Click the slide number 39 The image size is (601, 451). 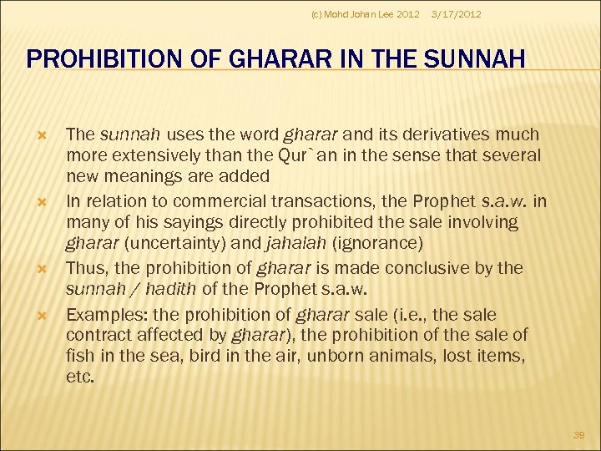coord(578,435)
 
